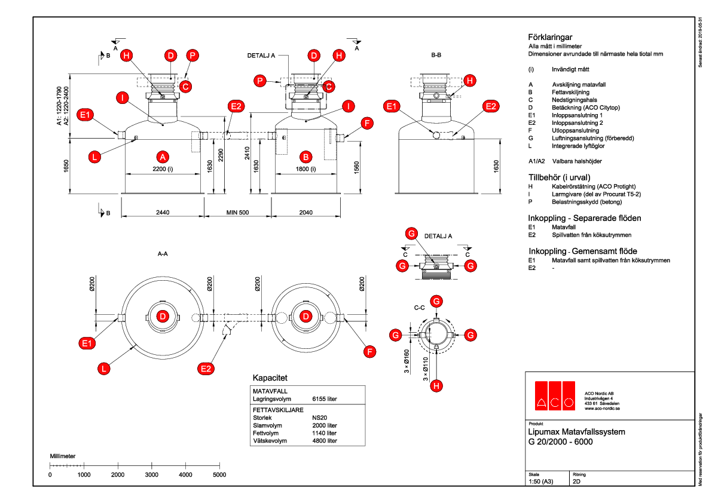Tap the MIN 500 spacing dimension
click(238, 212)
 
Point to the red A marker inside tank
click(161, 157)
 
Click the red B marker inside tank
click(306, 157)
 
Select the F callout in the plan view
click(371, 352)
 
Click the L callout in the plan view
click(104, 369)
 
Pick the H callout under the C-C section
click(437, 387)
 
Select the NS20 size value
click(320, 418)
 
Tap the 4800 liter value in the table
click(325, 441)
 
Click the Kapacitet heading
click(270, 378)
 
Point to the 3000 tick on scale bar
click(152, 474)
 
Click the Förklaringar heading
click(550, 36)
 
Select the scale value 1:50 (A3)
click(542, 481)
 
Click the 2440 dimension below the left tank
click(163, 212)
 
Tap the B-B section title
click(436, 54)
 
